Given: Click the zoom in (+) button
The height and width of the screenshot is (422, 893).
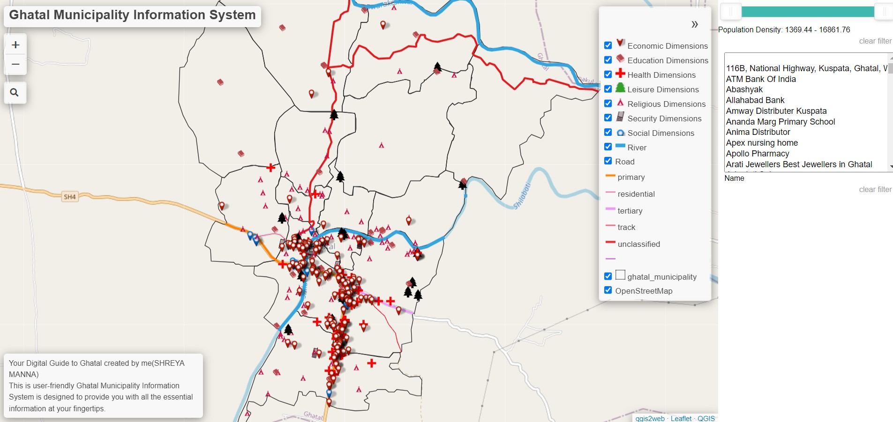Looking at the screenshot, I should point(15,45).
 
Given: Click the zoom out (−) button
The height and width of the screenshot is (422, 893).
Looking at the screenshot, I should point(15,64).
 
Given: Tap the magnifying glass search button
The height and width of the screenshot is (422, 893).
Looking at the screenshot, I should point(15,92).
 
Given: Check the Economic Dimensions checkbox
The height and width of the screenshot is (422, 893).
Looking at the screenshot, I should point(608,45).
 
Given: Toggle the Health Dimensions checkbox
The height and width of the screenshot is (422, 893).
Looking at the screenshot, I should point(608,74).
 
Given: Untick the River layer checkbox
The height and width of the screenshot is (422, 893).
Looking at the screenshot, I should point(608,147).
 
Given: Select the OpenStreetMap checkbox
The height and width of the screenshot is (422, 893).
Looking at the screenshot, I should point(608,290).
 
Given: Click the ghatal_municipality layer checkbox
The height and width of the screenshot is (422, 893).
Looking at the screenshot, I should point(608,276).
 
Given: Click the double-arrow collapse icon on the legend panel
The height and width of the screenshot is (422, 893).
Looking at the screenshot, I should point(694,24).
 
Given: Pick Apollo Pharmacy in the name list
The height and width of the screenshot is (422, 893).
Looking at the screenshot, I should point(758,154).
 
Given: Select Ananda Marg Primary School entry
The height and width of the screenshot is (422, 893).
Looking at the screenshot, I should point(780,122).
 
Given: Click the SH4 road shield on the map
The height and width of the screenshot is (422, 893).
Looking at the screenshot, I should point(69,197).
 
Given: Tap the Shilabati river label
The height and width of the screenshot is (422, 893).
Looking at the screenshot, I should point(522,196).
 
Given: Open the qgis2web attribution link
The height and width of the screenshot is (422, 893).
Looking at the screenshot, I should point(650,418).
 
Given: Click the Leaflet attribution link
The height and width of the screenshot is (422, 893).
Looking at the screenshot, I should point(681,418).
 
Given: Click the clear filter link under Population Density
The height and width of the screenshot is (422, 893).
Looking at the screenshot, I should point(875,41).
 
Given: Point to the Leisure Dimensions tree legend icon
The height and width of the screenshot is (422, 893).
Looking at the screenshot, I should point(620,88).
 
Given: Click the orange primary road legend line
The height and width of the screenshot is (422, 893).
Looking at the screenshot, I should point(610,176).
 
